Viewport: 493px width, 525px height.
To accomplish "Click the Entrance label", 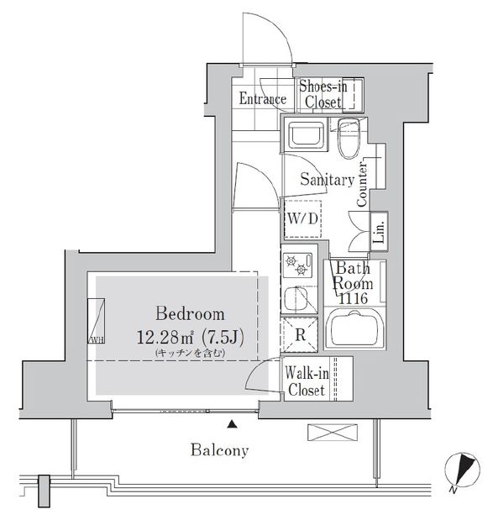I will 262,99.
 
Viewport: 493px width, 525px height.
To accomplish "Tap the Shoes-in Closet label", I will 322,95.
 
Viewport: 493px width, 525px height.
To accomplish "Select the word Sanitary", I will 327,179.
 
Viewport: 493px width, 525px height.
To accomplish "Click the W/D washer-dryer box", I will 302,219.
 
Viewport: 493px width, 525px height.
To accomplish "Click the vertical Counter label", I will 362,186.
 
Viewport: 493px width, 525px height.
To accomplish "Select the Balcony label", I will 218,451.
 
